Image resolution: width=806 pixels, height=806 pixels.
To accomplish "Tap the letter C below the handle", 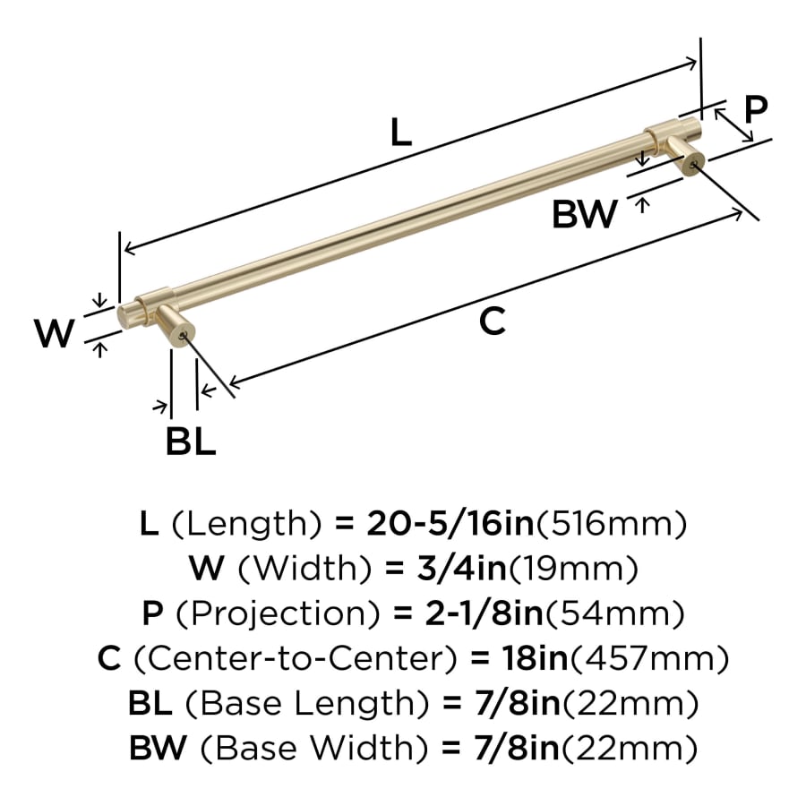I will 493,321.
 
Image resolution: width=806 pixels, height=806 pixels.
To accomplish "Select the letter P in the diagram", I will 756,109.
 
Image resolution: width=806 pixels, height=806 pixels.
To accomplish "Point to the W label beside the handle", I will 55,335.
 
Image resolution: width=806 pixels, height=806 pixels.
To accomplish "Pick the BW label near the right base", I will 584,215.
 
